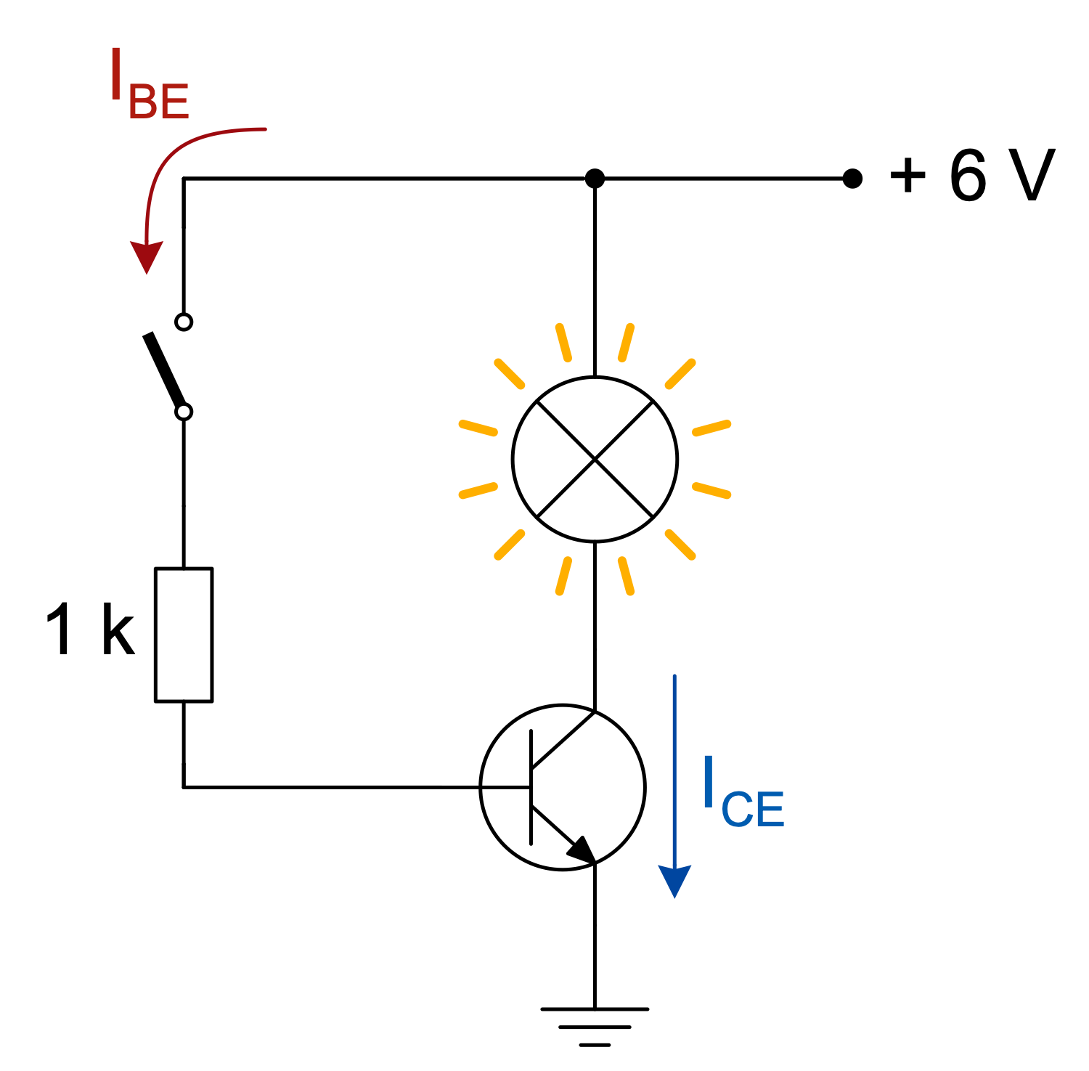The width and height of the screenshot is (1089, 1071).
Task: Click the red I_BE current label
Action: pos(149,85)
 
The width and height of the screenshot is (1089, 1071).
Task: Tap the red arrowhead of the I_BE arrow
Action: pos(147,256)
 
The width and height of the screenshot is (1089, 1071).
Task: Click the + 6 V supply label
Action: pos(971,176)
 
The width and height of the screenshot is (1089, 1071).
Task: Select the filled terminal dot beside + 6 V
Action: pos(852,178)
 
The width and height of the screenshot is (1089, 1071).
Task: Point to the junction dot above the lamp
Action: pos(595,178)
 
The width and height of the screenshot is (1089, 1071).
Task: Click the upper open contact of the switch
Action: pos(184,321)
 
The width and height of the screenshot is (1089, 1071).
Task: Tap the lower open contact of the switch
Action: pos(184,412)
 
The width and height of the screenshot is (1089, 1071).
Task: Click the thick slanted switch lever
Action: pos(164,370)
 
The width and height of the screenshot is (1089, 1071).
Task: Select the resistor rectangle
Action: pos(184,635)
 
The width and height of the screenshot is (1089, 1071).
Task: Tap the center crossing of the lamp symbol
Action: pos(595,459)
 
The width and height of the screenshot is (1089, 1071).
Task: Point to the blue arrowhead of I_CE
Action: pos(674,880)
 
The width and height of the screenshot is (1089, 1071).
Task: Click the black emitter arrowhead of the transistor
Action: pos(582,850)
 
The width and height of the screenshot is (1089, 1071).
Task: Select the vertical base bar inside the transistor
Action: pos(531,787)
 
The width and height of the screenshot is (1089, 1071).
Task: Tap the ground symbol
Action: pos(595,1025)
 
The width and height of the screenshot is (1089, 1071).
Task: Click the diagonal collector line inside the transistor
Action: pos(563,741)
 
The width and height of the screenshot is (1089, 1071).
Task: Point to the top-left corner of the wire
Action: pos(184,178)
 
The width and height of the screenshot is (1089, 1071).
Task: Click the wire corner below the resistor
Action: pos(184,786)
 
